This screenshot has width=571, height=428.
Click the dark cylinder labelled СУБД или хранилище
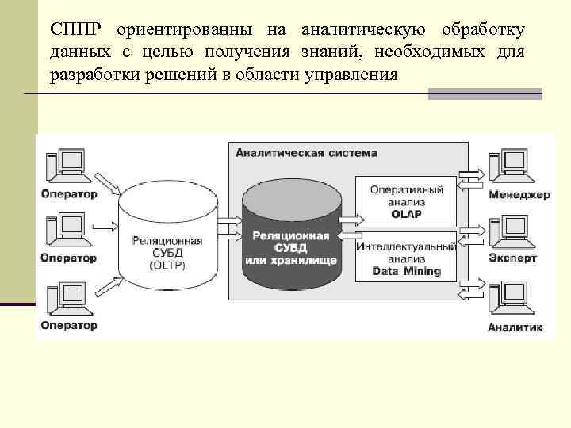point(291,238)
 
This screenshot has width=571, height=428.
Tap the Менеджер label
point(519,195)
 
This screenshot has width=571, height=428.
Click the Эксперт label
point(513,258)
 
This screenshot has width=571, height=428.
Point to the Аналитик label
point(515,327)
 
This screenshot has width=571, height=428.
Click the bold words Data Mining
point(406,271)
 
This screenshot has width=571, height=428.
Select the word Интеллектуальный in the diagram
point(406,246)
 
